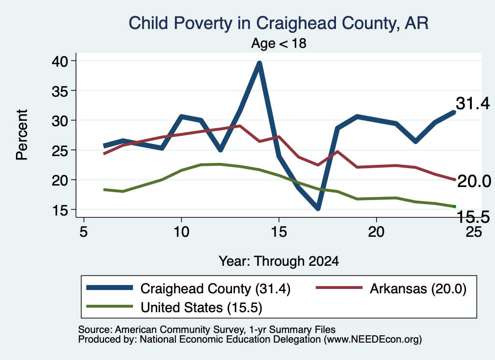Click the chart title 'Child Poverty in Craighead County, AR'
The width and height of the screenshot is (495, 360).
[278, 24]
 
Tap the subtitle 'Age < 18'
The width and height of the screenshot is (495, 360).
[279, 43]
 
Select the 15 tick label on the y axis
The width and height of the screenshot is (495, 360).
[59, 210]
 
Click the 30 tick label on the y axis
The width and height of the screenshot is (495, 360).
[59, 120]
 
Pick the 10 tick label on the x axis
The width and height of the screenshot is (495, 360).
[181, 232]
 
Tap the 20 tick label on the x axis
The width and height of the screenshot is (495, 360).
[376, 232]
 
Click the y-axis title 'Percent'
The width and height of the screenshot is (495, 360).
[22, 135]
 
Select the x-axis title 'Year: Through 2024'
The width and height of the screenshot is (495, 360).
[279, 261]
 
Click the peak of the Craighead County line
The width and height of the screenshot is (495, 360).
[260, 63]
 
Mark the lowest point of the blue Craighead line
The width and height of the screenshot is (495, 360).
[318, 208]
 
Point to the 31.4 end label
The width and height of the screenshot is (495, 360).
[473, 103]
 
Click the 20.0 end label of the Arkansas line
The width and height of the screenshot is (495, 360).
[474, 181]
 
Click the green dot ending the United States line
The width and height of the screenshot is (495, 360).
[454, 206]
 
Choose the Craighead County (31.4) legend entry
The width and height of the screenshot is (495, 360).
[189, 288]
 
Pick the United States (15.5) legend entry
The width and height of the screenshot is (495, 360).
[174, 307]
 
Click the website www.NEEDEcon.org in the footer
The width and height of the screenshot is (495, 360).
[373, 340]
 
